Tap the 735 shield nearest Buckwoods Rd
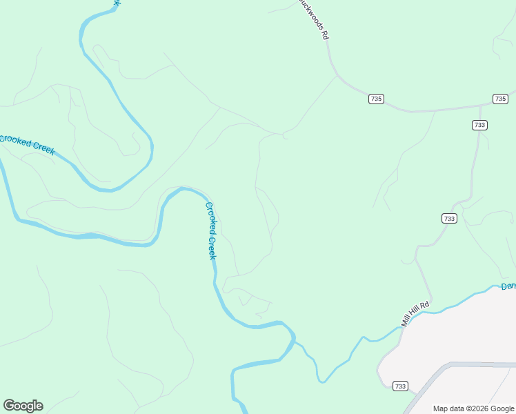pos(375,99)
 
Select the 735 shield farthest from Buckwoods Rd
pos(500,99)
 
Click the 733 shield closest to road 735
pos(479,125)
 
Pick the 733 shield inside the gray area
pos(400,386)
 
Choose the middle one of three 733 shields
pos(449,218)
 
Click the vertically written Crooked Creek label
pos(212,230)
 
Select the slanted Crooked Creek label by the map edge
pos(26,145)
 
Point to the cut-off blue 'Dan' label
pos(508,286)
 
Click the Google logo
pos(23,406)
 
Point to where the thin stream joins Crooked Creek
pos(295,339)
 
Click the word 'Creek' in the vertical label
pos(212,245)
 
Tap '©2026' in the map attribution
pos(481,408)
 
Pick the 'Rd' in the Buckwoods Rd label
pos(323,32)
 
